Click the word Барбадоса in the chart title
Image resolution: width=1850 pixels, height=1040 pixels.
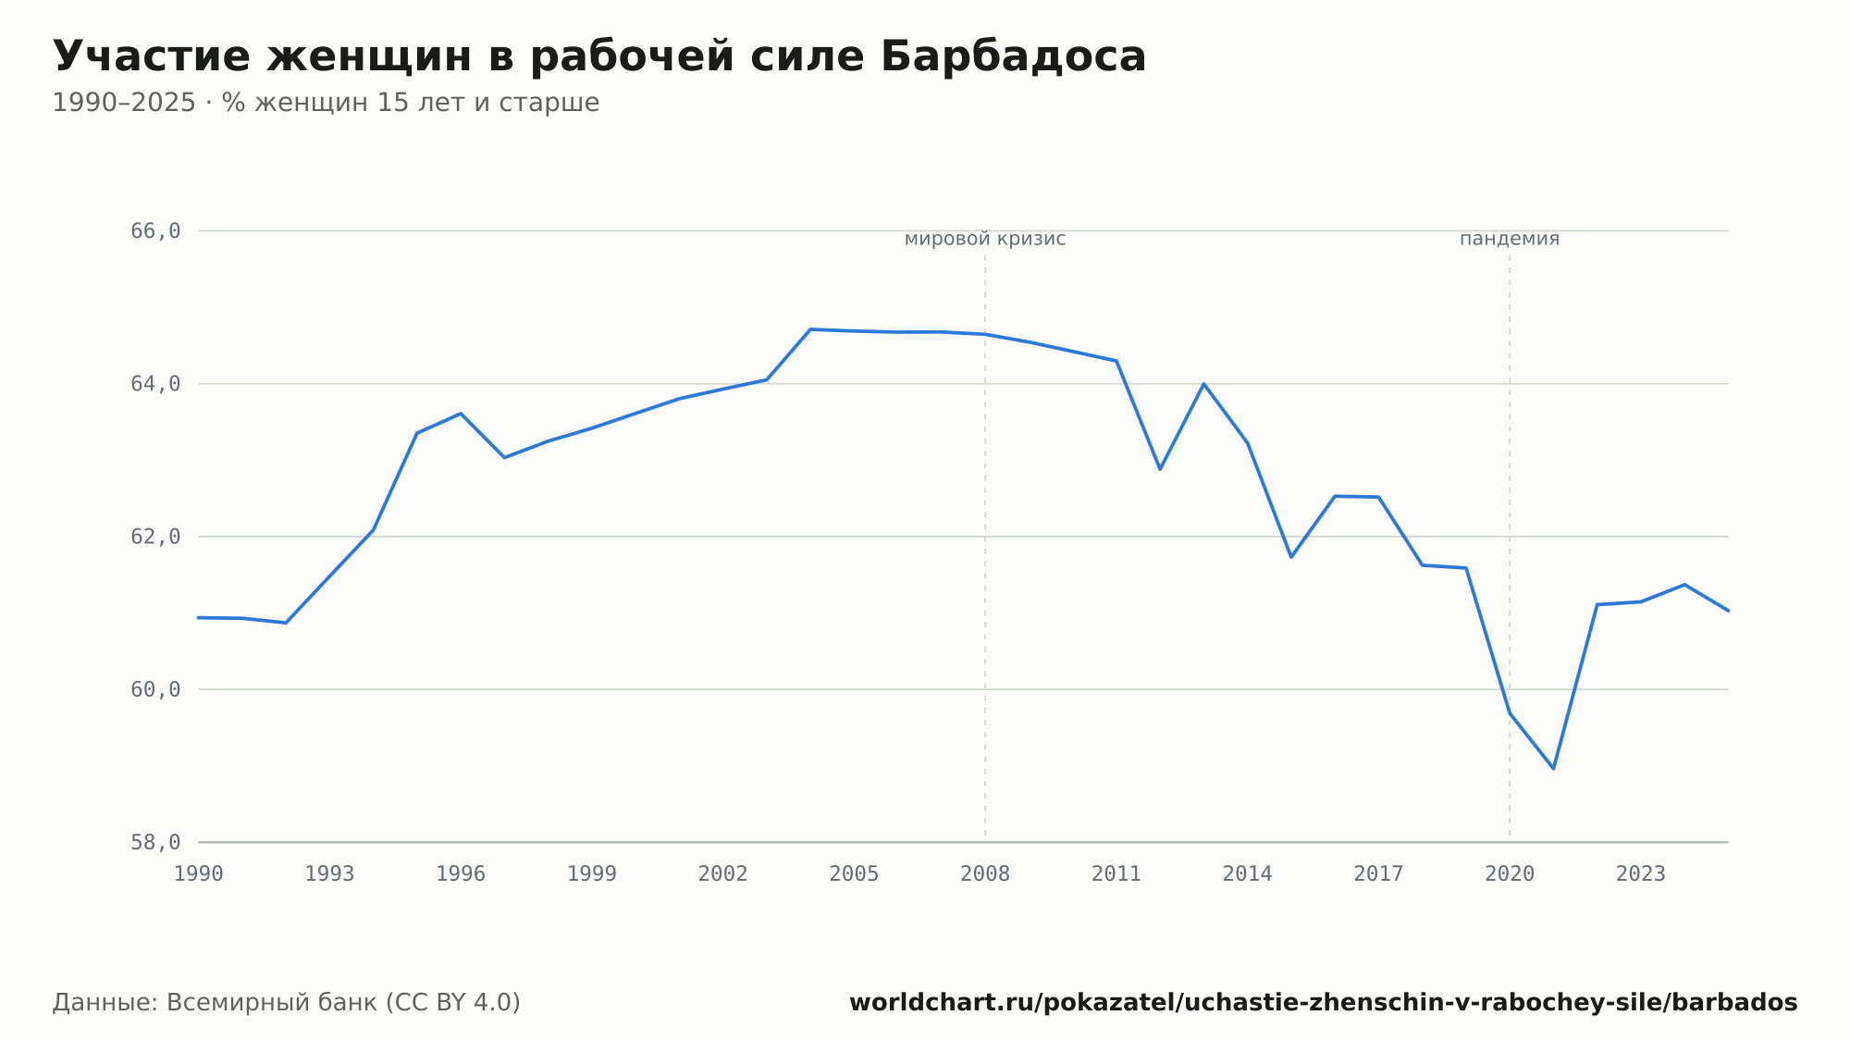(1013, 56)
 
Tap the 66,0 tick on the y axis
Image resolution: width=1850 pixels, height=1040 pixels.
(155, 231)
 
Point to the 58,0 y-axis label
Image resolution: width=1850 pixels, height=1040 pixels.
(155, 843)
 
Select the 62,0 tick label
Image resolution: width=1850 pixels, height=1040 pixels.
(155, 538)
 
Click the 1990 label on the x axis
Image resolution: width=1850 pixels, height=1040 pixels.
(199, 874)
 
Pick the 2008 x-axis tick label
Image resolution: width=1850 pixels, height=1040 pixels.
(985, 874)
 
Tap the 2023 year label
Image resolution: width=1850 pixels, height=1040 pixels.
(1641, 874)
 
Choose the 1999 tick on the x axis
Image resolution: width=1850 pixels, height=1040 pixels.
(592, 874)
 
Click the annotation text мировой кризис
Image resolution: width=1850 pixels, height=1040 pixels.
(985, 240)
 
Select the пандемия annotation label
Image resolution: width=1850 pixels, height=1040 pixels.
(1510, 240)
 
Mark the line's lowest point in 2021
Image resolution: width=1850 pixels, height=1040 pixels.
(1553, 768)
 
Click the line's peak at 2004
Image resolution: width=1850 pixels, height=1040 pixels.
(810, 329)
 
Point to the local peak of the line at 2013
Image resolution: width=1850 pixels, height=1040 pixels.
(1203, 384)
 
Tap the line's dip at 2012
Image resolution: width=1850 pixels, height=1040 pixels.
(1160, 469)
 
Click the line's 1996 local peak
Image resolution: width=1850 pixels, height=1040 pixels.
(461, 414)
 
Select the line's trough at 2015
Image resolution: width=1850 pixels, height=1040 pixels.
(1291, 557)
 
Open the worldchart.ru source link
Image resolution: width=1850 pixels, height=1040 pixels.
(1324, 1003)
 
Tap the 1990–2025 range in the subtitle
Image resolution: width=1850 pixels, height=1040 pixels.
(124, 103)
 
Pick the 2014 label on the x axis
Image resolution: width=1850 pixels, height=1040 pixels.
(1248, 874)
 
